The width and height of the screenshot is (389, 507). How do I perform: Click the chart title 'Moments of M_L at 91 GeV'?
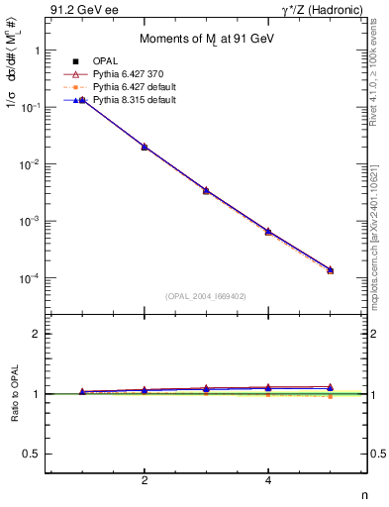coord(205,38)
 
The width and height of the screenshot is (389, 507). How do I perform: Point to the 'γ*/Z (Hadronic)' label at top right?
coord(322,11)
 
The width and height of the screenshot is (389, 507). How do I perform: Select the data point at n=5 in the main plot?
coord(330,269)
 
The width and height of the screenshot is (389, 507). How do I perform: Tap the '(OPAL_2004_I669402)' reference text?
coord(205,295)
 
